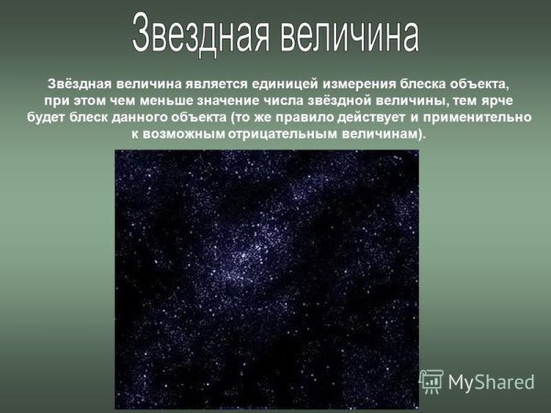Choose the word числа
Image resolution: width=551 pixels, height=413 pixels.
tap(275, 99)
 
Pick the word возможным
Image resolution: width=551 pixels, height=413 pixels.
tap(181, 134)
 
